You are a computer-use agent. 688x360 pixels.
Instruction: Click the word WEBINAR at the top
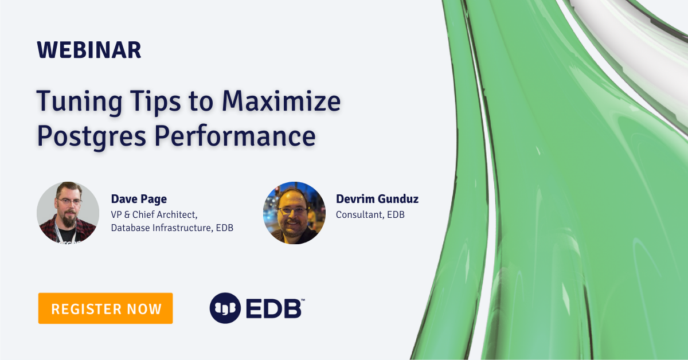click(x=89, y=50)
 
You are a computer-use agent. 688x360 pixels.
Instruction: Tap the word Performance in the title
click(x=236, y=136)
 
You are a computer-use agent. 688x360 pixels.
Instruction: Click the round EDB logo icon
click(x=225, y=308)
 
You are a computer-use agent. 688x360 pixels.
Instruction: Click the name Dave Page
click(x=139, y=199)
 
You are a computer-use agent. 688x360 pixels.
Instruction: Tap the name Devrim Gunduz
click(x=377, y=199)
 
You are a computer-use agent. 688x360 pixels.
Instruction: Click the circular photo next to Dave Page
click(x=68, y=213)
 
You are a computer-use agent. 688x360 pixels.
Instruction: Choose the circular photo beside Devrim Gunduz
click(x=294, y=213)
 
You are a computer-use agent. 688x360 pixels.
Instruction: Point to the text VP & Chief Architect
click(x=154, y=214)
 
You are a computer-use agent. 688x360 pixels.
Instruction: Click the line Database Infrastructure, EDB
click(x=172, y=228)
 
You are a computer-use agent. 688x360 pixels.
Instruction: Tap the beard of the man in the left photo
click(x=69, y=220)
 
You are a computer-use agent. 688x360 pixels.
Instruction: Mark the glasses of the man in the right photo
click(x=294, y=210)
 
